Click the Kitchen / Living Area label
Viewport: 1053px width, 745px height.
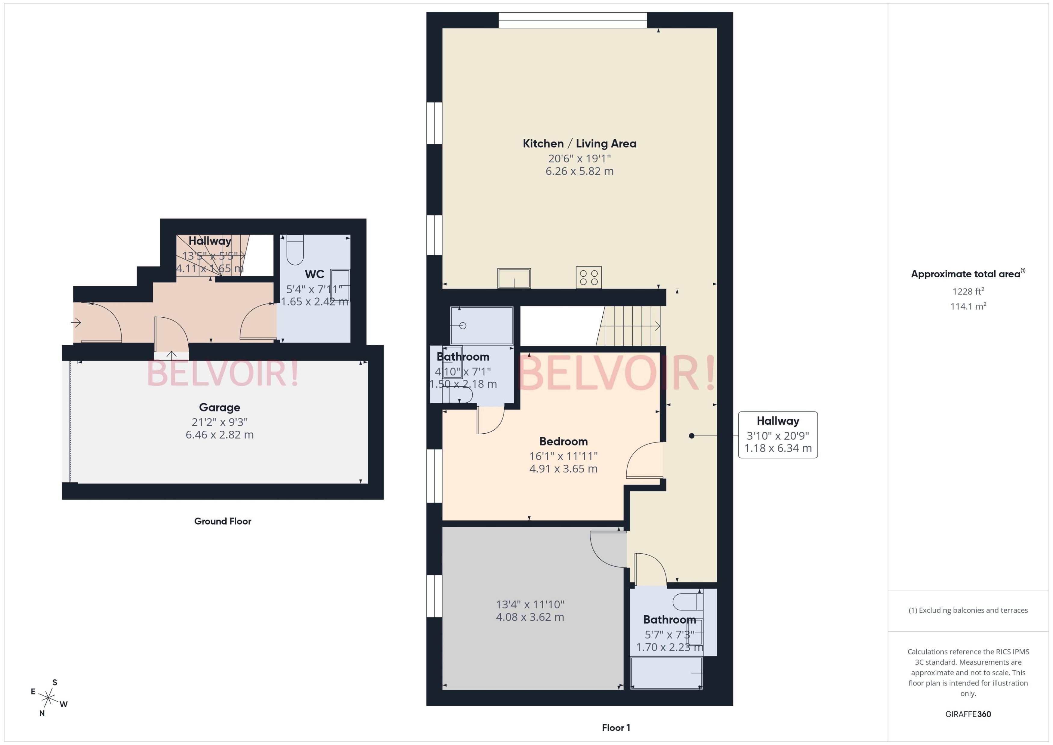point(579,143)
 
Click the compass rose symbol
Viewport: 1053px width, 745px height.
point(48,698)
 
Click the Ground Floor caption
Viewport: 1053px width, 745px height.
point(223,521)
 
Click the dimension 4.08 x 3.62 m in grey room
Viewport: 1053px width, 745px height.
point(530,617)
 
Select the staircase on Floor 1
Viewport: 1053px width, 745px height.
point(631,326)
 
